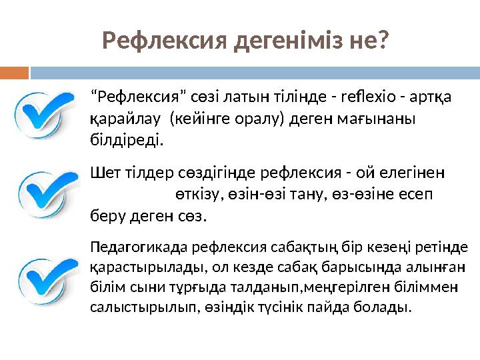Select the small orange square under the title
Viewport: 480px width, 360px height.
15,71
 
